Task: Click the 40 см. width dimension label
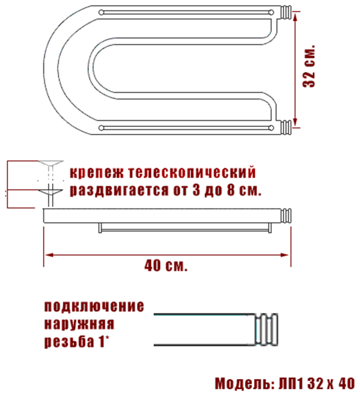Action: (x=166, y=265)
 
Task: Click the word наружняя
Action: (x=80, y=325)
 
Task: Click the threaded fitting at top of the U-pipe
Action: (x=287, y=12)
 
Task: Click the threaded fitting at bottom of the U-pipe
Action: (x=287, y=128)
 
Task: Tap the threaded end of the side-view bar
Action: (x=287, y=216)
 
